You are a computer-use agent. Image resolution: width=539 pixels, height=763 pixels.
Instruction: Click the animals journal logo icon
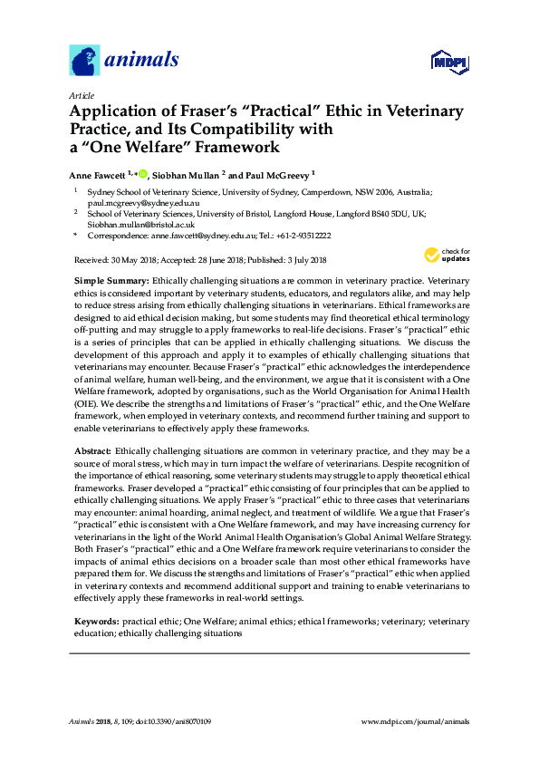pos(84,61)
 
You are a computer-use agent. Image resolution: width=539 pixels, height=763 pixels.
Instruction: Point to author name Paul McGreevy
pos(275,174)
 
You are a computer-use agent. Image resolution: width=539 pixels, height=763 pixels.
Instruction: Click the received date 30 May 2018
pos(131,261)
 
